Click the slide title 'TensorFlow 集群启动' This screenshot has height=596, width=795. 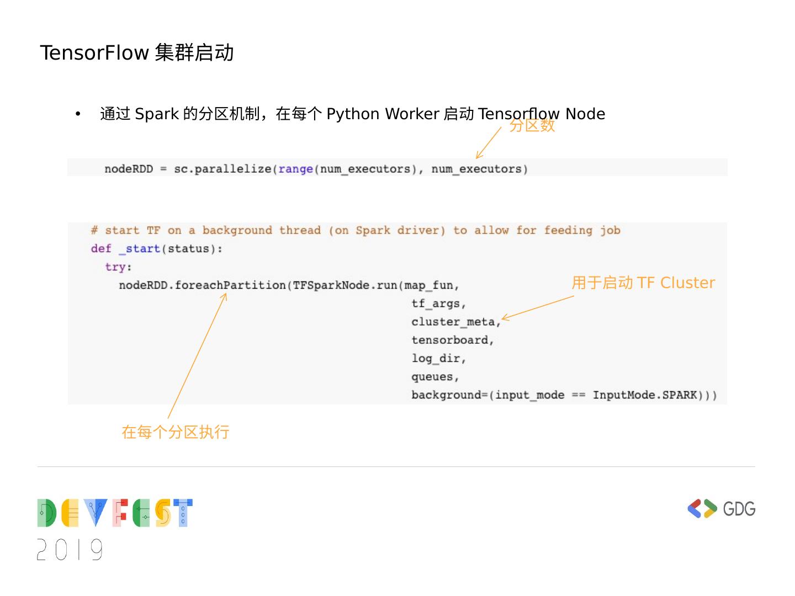(137, 53)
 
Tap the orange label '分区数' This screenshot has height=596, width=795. (532, 126)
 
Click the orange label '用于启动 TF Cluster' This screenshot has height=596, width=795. (643, 283)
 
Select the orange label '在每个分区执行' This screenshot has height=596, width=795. (176, 432)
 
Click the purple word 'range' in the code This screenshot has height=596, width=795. (296, 169)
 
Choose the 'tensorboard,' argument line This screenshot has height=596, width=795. (452, 340)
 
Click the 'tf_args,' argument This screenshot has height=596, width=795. (438, 304)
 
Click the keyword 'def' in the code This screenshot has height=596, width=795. (101, 249)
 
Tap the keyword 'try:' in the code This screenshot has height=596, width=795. (118, 267)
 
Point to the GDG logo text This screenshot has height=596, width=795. (739, 508)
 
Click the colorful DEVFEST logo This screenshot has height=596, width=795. (115, 513)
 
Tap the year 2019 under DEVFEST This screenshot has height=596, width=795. (70, 550)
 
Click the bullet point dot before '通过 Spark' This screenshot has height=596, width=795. (78, 114)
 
